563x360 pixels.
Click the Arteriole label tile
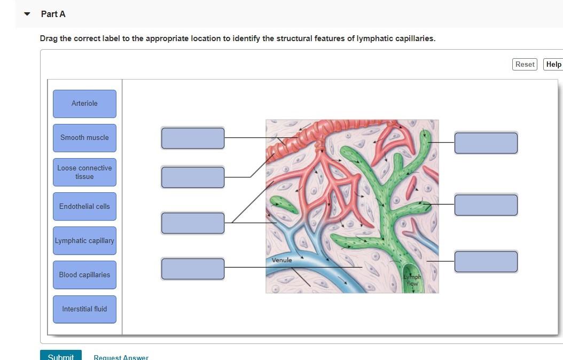84,104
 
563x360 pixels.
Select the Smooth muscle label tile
84,138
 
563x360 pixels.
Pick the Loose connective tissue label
84,172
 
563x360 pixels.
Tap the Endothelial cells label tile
84,206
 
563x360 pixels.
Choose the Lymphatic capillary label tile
84,240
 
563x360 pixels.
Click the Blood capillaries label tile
84,275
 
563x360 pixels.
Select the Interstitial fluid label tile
84,309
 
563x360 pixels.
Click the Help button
553,65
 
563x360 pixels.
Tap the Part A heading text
53,14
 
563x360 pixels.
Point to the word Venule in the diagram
282,260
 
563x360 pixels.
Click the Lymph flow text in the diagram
412,280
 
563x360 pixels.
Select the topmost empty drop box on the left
193,138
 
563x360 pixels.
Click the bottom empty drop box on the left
193,269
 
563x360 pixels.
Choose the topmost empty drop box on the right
486,143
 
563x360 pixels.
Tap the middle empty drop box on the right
486,205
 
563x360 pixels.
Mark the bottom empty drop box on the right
486,262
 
